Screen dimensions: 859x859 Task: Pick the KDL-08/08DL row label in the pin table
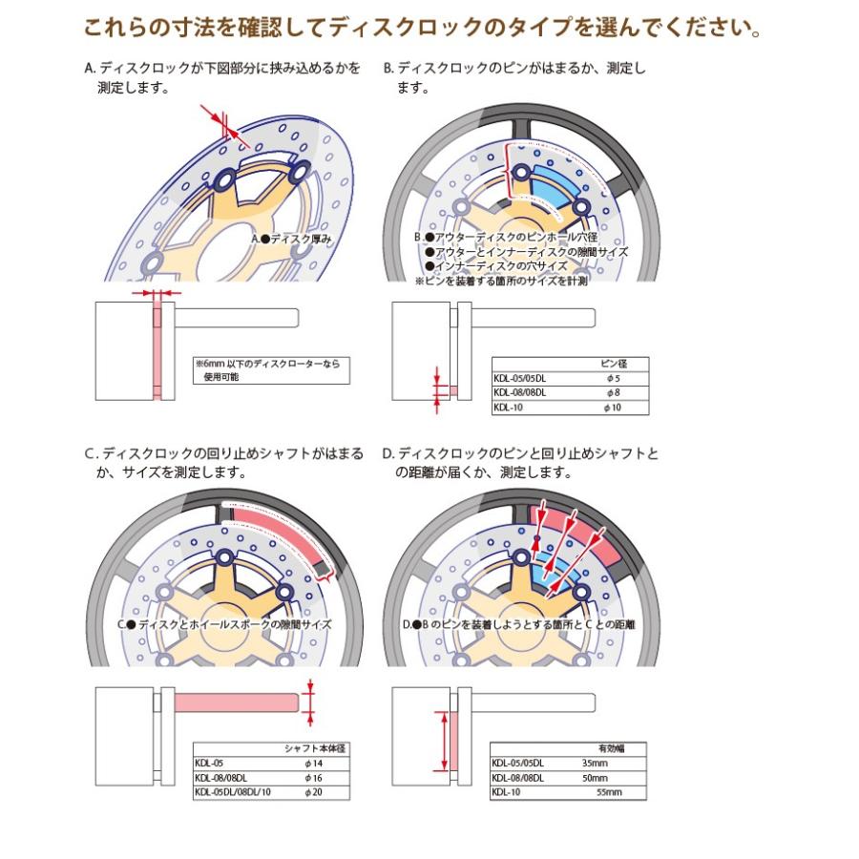click(x=520, y=392)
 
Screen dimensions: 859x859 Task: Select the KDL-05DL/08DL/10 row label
click(x=234, y=792)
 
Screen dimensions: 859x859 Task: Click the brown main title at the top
click(x=423, y=29)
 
